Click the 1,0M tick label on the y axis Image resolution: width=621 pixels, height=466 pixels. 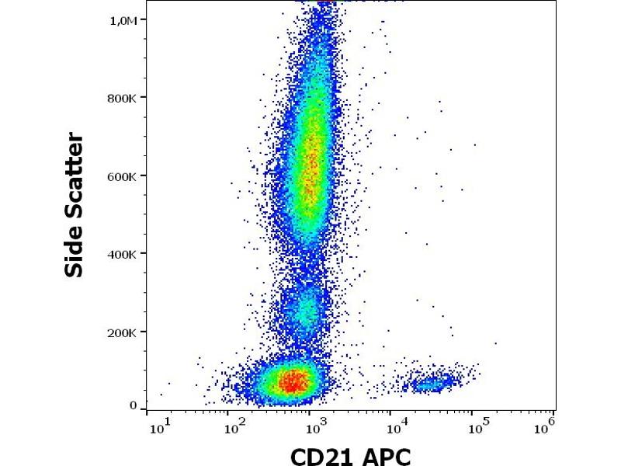(x=123, y=21)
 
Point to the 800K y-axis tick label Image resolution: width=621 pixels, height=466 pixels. (x=123, y=99)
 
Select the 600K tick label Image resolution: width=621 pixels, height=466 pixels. (x=123, y=176)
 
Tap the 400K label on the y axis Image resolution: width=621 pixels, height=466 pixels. (x=123, y=254)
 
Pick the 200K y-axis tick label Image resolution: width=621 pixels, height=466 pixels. (x=123, y=332)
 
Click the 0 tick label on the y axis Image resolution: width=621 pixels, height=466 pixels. (x=133, y=405)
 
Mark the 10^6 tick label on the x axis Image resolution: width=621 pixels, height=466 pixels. (x=546, y=423)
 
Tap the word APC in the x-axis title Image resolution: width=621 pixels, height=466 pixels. (x=385, y=456)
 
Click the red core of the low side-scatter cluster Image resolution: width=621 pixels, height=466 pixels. (x=291, y=381)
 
